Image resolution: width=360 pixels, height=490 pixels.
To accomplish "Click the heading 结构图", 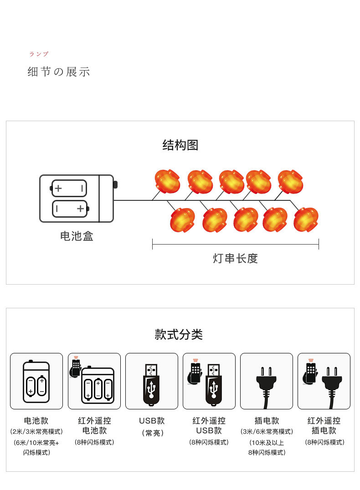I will pos(180,145).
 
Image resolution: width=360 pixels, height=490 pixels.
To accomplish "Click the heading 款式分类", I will pos(179,334).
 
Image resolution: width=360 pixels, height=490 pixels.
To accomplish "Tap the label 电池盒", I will pos(77,236).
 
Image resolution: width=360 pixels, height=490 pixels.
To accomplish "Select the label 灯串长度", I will pos(235,259).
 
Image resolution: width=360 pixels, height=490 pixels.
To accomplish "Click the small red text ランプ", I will pos(39,54).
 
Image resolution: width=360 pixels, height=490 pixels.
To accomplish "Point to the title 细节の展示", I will pos(59,72).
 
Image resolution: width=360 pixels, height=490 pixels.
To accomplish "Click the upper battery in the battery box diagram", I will pos(69,188).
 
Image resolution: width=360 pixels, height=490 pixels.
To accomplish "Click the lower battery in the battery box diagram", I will pos(69,209).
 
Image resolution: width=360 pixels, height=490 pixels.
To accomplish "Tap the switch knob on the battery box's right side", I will pos(115,184).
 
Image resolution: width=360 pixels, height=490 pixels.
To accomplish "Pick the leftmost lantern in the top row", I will pos(167,181).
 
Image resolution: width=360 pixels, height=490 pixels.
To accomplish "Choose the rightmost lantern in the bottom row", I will pos(306,219).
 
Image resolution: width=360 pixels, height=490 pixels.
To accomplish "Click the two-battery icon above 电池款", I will pos(36,382).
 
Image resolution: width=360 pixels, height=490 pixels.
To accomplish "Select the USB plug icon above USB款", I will pos(152,383).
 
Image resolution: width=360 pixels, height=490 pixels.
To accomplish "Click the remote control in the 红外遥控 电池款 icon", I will pos(76,368).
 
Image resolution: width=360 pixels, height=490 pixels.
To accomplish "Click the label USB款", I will pos(152,421).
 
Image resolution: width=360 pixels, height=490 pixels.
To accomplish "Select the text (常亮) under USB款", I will pos(152,433).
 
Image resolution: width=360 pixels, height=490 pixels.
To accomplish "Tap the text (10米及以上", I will pos(267,442).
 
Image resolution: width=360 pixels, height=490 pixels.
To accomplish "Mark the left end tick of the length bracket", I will pos(153,244).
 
